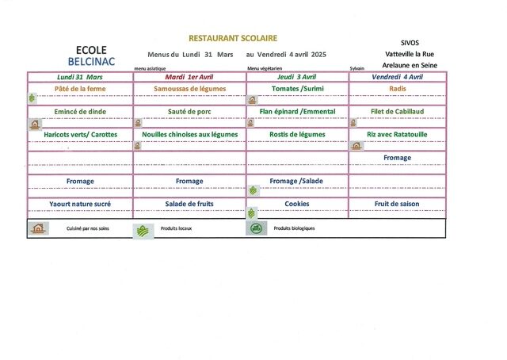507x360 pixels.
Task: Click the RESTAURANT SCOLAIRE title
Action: click(233, 38)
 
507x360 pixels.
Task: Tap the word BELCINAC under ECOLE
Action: click(92, 62)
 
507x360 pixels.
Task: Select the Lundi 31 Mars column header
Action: click(80, 77)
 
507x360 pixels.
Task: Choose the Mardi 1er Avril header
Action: click(189, 77)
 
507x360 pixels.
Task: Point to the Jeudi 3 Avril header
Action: click(297, 77)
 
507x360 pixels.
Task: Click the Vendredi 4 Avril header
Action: click(398, 77)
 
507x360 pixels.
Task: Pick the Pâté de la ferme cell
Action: click(80, 89)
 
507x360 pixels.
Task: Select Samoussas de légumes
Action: click(190, 89)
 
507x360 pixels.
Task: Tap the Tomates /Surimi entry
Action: click(298, 89)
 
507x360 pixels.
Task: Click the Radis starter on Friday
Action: click(398, 89)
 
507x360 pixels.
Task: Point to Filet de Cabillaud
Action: click(398, 111)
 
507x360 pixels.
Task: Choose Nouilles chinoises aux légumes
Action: click(190, 135)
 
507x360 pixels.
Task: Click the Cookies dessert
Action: click(297, 204)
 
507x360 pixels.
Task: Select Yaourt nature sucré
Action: click(80, 204)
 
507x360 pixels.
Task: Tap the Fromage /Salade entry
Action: click(296, 181)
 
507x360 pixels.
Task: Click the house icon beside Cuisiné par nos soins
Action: click(38, 228)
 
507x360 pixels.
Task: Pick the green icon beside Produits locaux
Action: click(143, 232)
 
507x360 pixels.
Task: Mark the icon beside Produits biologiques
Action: click(257, 228)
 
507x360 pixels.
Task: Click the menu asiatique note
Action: click(150, 69)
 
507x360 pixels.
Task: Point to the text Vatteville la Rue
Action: click(410, 54)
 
